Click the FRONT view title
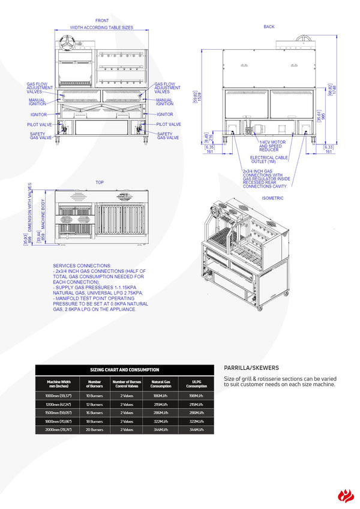tap(102, 21)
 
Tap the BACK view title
tap(269, 27)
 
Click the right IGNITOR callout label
tap(165, 115)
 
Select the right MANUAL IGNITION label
tap(165, 103)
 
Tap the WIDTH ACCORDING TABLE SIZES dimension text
tap(101, 28)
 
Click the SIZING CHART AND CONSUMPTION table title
tap(125, 371)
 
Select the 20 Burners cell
tap(94, 430)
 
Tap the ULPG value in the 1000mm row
tap(196, 396)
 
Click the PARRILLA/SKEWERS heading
tap(251, 368)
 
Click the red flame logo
tap(346, 495)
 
